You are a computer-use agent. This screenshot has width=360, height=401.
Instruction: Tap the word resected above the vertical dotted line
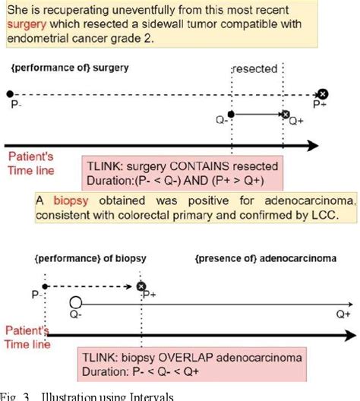pyautogui.click(x=254, y=68)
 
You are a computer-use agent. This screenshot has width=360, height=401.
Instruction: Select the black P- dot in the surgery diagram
pyautogui.click(x=9, y=93)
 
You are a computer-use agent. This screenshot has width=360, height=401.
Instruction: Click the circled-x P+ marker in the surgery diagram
pyautogui.click(x=323, y=93)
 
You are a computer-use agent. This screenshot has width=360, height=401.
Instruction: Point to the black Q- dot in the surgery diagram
pyautogui.click(x=231, y=115)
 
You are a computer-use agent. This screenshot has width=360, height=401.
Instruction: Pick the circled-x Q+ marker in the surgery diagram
pyautogui.click(x=285, y=115)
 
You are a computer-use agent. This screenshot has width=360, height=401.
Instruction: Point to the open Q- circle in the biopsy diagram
pyautogui.click(x=75, y=301)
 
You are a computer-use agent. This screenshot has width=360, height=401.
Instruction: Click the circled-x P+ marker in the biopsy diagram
pyautogui.click(x=141, y=286)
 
